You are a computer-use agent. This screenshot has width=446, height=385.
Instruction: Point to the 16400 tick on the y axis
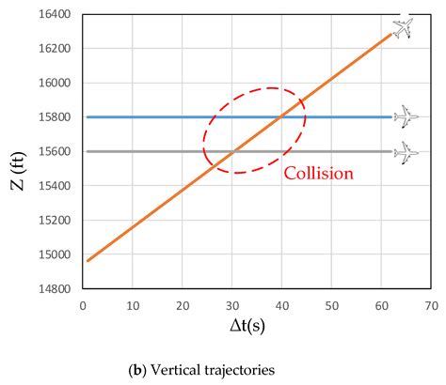click(x=53, y=15)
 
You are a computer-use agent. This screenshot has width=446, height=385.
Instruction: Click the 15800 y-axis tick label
click(x=53, y=117)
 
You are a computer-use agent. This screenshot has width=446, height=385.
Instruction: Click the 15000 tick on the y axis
click(x=53, y=254)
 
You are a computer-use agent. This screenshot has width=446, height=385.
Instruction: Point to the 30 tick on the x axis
click(x=231, y=305)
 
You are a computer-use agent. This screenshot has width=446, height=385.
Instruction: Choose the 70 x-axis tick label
click(x=431, y=305)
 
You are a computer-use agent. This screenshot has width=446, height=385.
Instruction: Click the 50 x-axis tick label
click(x=331, y=305)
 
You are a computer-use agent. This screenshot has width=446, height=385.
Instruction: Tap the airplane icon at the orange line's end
click(x=403, y=28)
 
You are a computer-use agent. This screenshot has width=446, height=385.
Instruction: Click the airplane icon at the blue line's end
click(x=406, y=116)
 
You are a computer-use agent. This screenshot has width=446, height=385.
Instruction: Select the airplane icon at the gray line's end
click(x=406, y=151)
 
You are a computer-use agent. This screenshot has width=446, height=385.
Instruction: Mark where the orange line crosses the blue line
click(x=281, y=117)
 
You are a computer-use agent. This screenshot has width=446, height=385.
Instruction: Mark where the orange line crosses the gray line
click(x=232, y=151)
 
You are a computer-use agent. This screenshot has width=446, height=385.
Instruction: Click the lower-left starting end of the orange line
click(x=87, y=260)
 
